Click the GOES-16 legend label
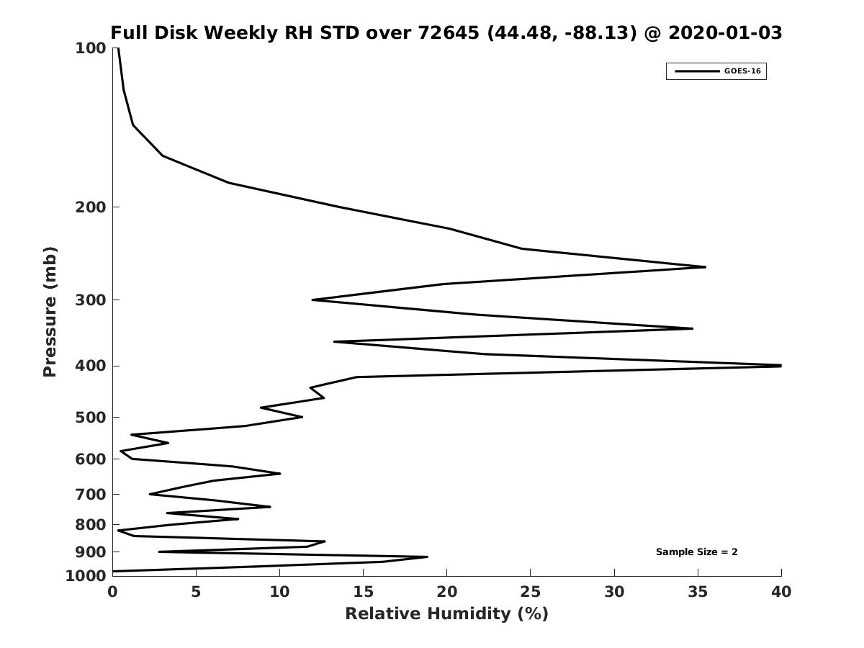[x=742, y=71]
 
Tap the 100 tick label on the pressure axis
[x=91, y=48]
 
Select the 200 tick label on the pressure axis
[x=91, y=207]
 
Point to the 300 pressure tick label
[x=91, y=300]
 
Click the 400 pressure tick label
[x=91, y=366]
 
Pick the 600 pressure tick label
[x=91, y=459]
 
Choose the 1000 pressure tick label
[x=86, y=576]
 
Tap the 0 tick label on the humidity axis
[x=112, y=592]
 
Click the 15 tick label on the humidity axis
[x=363, y=592]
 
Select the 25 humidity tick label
[x=531, y=592]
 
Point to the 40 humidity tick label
[x=781, y=592]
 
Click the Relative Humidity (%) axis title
[x=446, y=613]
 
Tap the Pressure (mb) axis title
[x=50, y=312]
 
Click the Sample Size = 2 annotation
[x=696, y=552]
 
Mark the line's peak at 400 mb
[x=780, y=366]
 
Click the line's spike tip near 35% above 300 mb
[x=704, y=267]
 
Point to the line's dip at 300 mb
[x=313, y=300]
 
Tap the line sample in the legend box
[x=696, y=71]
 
